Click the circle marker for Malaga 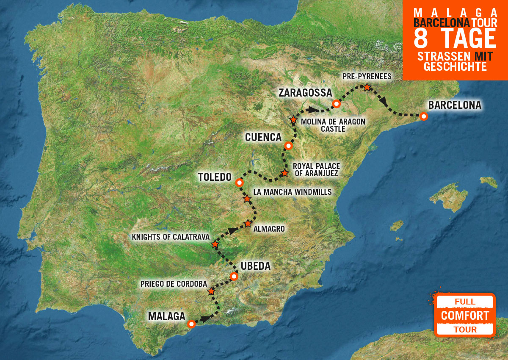coord(191,324)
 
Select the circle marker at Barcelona coord(423,116)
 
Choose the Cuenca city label coord(263,137)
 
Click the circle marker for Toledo coord(239,183)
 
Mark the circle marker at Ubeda coord(234,277)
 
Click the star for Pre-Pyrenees coord(367,87)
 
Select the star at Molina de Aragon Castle coord(293,119)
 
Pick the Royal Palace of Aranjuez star coord(285,173)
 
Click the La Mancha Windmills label coord(292,192)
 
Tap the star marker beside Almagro coord(248,224)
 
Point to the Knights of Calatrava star coord(215,244)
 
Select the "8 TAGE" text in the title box coord(455,39)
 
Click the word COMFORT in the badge coord(465,316)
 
